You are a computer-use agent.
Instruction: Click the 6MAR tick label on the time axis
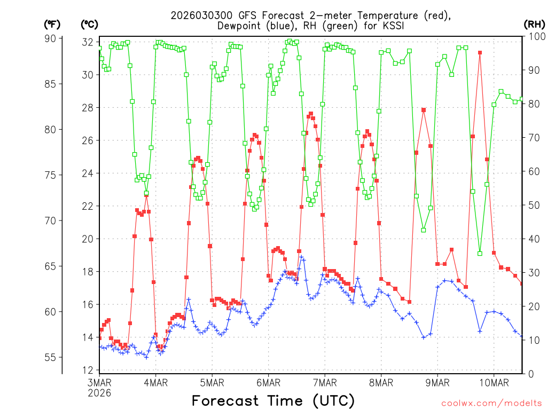pyautogui.click(x=268, y=382)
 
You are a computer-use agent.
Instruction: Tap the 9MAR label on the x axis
pyautogui.click(x=437, y=382)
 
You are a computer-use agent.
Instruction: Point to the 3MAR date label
pyautogui.click(x=99, y=382)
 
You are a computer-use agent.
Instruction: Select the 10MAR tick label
pyautogui.click(x=494, y=382)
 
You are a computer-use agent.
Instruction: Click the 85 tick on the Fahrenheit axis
pyautogui.click(x=51, y=84)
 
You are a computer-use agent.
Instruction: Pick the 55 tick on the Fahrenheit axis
pyautogui.click(x=51, y=357)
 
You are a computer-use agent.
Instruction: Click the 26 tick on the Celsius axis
pyautogui.click(x=88, y=140)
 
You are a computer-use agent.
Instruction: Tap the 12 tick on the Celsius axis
pyautogui.click(x=88, y=370)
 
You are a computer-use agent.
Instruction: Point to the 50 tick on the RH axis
pyautogui.click(x=532, y=205)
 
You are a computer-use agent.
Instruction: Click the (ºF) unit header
pyautogui.click(x=52, y=24)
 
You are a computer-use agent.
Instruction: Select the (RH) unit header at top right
pyautogui.click(x=534, y=24)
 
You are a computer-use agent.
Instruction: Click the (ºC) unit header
pyautogui.click(x=89, y=24)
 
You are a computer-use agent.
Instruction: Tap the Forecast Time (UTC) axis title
pyautogui.click(x=273, y=400)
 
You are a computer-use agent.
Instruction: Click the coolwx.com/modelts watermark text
pyautogui.click(x=491, y=402)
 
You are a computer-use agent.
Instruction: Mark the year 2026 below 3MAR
pyautogui.click(x=100, y=392)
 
